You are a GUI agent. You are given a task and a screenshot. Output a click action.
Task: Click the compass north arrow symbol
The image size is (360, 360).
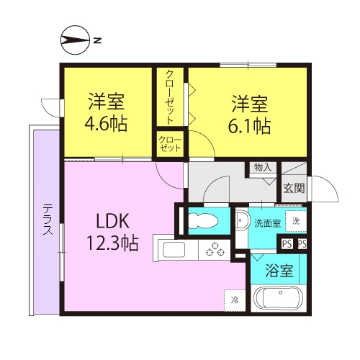click(75, 40)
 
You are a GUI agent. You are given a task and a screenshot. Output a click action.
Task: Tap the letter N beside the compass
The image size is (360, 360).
click(97, 40)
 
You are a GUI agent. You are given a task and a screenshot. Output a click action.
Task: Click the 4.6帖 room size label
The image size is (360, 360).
click(106, 124)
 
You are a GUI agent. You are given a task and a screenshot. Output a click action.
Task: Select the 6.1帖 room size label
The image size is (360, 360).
click(249, 125)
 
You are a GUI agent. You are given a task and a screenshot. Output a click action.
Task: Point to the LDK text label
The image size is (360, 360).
click(112, 221)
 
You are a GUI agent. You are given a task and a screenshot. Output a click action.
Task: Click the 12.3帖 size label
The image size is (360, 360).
click(112, 243)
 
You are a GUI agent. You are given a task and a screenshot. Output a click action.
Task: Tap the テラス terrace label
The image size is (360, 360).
click(48, 219)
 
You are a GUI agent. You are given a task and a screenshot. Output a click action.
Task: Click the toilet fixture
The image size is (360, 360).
click(203, 221)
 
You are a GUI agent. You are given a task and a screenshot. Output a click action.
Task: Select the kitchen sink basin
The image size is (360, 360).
click(174, 250)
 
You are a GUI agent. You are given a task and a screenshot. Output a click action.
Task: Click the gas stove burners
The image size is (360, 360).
click(215, 250)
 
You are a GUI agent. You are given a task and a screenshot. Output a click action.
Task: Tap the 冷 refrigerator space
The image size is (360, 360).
click(235, 300)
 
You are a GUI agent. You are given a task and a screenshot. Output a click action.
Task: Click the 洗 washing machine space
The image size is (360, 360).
click(296, 221)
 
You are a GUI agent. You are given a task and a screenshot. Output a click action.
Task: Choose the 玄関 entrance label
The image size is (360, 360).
click(294, 189)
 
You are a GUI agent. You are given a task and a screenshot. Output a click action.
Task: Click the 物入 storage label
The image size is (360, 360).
click(263, 167)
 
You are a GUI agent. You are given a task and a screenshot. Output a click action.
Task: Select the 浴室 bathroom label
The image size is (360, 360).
click(279, 271)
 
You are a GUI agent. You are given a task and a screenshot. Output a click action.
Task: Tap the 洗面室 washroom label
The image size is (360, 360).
click(268, 223)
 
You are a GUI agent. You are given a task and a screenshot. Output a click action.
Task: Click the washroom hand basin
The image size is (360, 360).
click(241, 220)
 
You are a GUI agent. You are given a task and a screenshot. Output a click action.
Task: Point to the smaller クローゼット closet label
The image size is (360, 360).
click(170, 144)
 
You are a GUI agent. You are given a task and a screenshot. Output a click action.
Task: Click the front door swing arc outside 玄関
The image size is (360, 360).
click(332, 184)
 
